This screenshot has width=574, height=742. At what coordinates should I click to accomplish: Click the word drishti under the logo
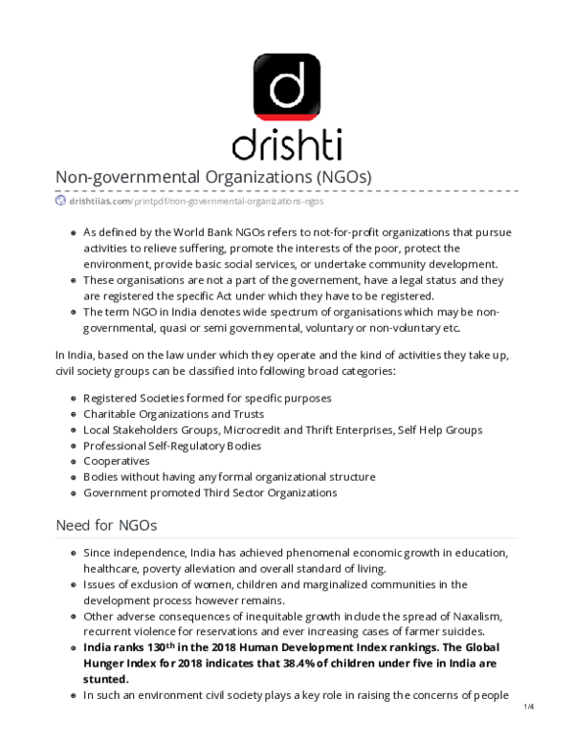coord(287,144)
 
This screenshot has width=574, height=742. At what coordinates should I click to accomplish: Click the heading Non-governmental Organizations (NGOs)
coord(212,179)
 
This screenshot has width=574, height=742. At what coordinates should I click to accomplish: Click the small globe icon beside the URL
coord(60,202)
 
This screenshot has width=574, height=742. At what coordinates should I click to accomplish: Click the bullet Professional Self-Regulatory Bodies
coord(172,446)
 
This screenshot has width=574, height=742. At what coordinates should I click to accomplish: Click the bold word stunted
coord(106,678)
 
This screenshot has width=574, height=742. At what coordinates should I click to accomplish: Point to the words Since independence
coord(128,554)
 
